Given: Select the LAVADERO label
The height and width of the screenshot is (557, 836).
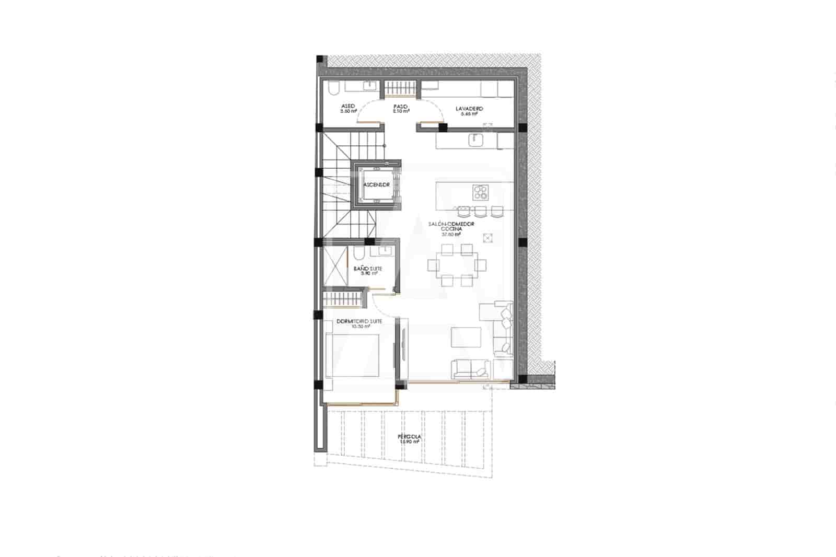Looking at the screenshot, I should tap(469, 109).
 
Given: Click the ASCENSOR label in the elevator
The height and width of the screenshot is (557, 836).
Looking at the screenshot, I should tap(376, 185).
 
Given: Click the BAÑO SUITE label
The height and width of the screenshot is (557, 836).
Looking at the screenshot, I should tap(368, 269).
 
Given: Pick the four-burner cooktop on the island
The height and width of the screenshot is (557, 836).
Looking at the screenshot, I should tap(481, 192).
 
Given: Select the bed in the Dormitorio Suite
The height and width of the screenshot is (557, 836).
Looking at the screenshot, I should tap(353, 355).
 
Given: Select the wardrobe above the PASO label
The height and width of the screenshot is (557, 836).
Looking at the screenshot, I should tap(401, 88).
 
